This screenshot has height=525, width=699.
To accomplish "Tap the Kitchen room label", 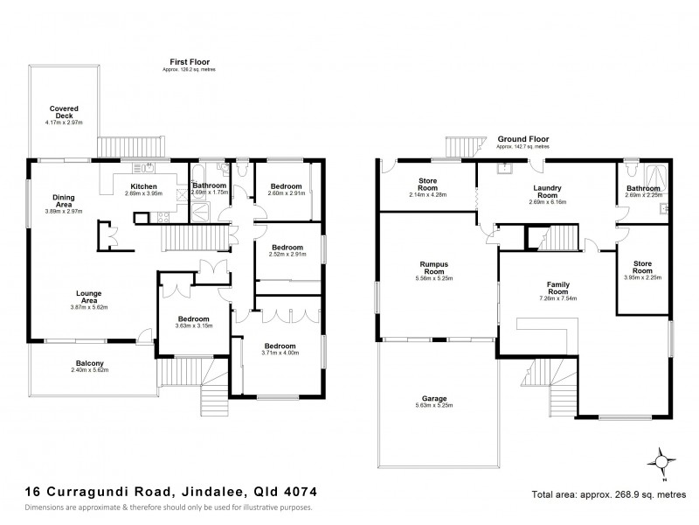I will point(143,187).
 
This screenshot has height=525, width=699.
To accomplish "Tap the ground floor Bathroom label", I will point(643,190).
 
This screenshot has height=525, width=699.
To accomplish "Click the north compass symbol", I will point(663,461).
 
